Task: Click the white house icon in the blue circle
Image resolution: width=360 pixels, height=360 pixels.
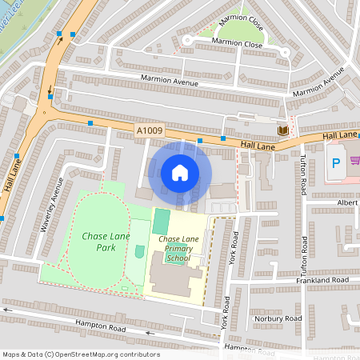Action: pos(180,173)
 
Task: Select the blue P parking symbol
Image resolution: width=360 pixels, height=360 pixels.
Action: pos(335,163)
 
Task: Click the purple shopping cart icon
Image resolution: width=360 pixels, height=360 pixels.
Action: pos(354,159)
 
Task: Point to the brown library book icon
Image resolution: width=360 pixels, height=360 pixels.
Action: pos(282,130)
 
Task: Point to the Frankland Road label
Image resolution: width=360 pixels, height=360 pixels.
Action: pos(321,282)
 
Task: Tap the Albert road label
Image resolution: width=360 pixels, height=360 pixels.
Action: pos(347,203)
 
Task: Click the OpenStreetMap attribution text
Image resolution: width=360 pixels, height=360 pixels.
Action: pos(81,354)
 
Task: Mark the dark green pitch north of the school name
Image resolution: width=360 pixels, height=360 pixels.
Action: pos(161,221)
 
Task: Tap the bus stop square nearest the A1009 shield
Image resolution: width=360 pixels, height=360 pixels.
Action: pos(91,123)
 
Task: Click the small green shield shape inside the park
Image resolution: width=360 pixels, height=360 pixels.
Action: pos(140,252)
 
